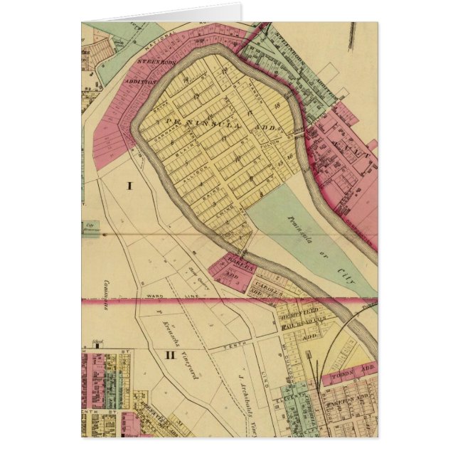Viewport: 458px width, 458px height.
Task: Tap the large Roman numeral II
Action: (x=170, y=355)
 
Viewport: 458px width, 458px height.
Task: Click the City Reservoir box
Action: (x=91, y=228)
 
